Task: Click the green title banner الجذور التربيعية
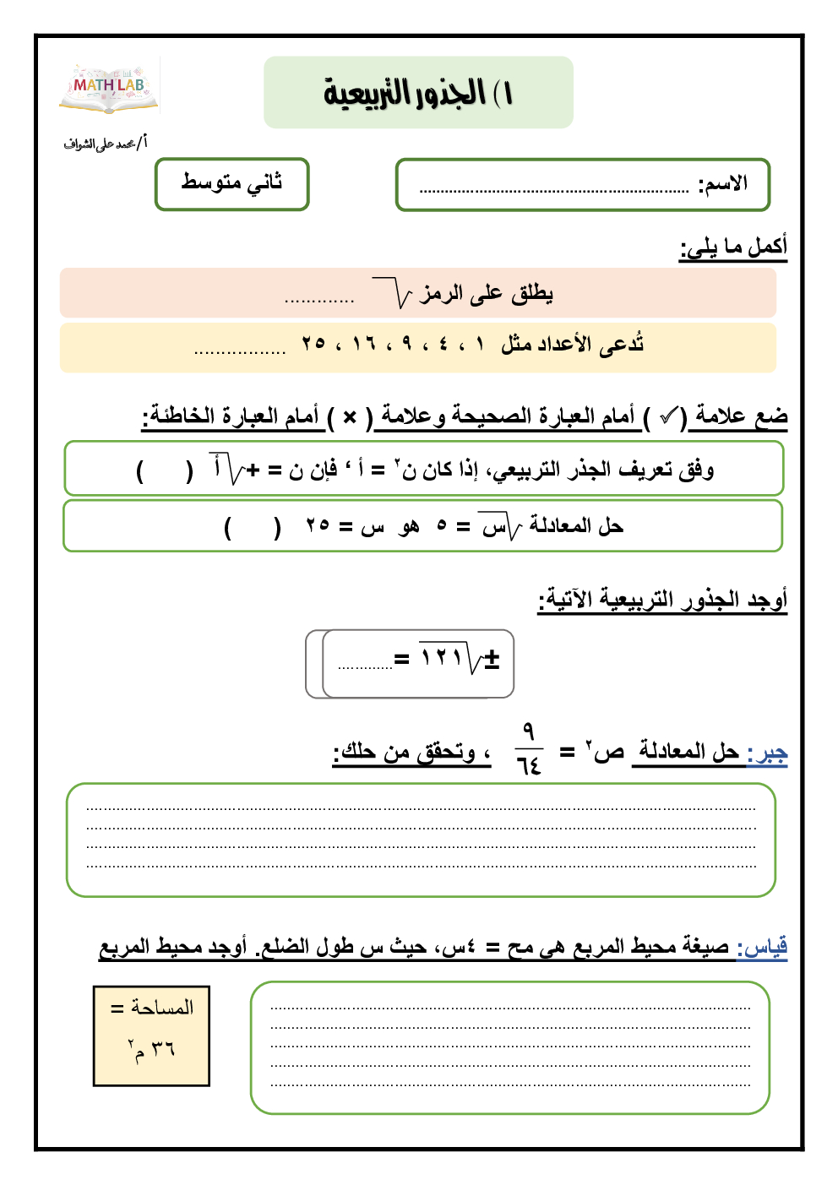(x=418, y=93)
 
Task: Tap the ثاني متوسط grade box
(x=231, y=183)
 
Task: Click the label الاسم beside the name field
(x=723, y=184)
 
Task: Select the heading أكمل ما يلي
(x=733, y=247)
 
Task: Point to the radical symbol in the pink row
(x=393, y=293)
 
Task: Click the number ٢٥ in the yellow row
(x=313, y=344)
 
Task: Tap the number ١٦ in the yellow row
(x=364, y=344)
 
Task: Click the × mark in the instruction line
(x=350, y=416)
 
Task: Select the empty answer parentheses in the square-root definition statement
(x=165, y=470)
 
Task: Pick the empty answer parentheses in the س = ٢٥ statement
(x=252, y=527)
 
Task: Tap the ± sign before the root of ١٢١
(x=492, y=659)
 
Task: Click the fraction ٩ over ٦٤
(x=529, y=749)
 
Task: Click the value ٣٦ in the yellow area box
(x=163, y=1049)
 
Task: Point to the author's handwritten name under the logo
(x=104, y=144)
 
